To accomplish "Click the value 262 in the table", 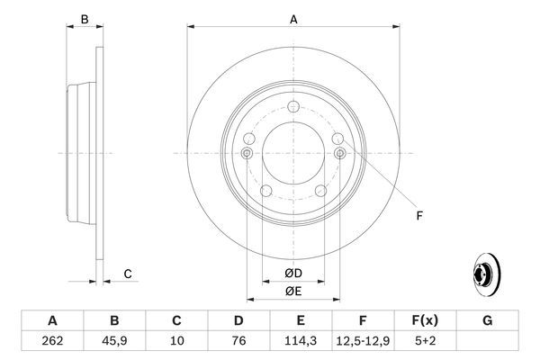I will coord(52,341).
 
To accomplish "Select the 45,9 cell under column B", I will coord(114,341).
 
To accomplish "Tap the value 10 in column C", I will coord(176,341).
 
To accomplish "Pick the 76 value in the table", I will coord(238,341).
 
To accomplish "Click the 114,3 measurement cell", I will coord(301,341).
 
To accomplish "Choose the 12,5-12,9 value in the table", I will coord(363,341).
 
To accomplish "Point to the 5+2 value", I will coord(425,341).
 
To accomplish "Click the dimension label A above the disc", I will coord(292,17).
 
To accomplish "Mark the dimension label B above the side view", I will coord(84,19).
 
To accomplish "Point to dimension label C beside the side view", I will coord(128,274).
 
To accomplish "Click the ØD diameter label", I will coord(293,274).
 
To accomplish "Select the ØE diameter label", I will coord(293,292).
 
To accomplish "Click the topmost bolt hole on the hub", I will coord(293,107).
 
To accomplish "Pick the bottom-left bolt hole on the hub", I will coord(265,190).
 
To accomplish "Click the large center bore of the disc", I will coord(293,152).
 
